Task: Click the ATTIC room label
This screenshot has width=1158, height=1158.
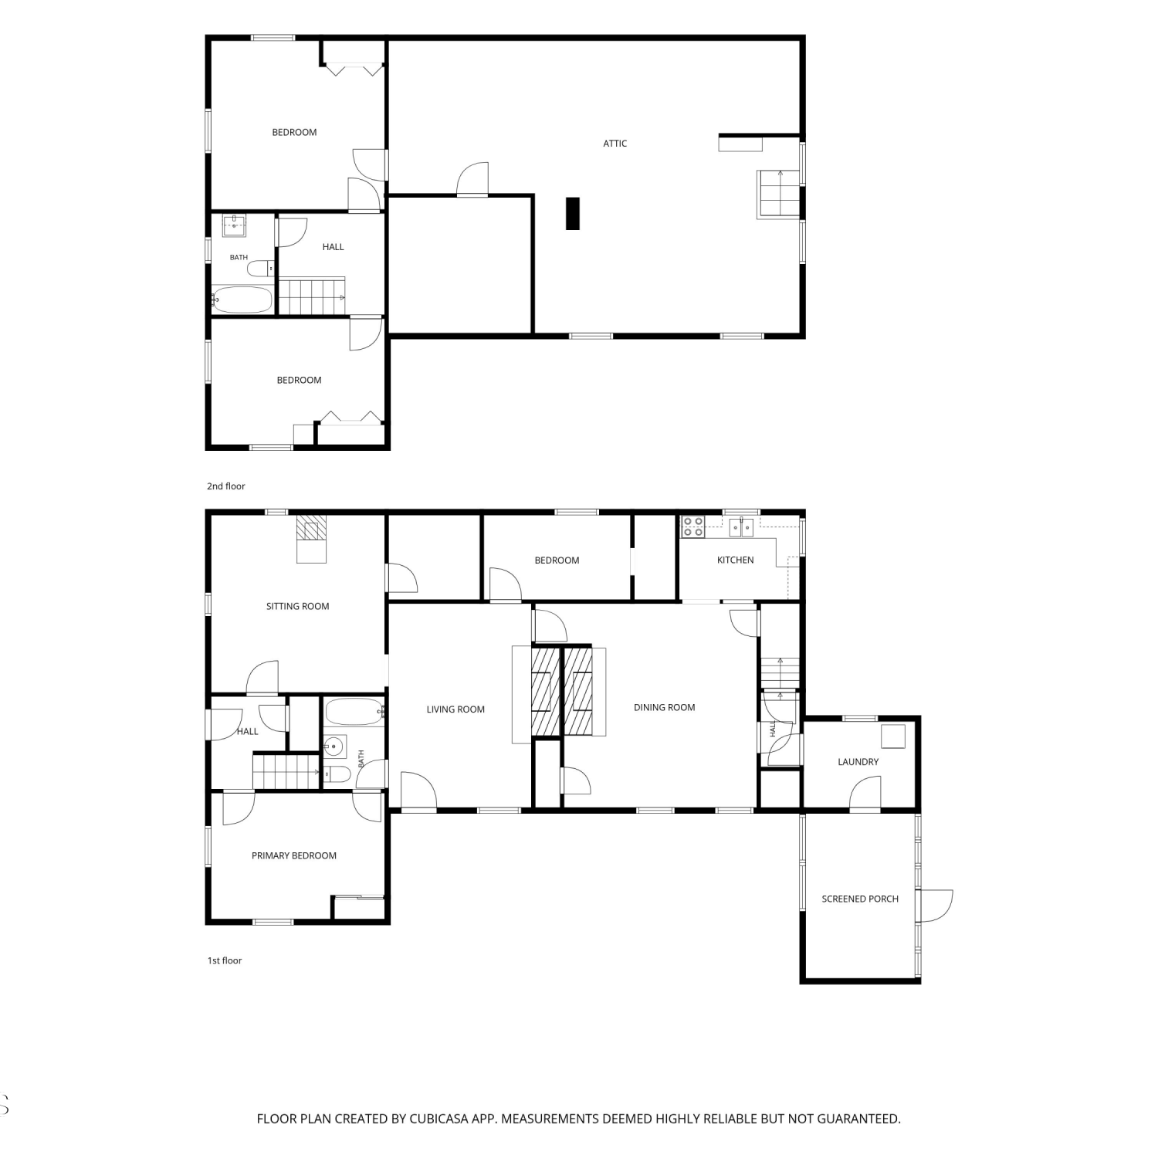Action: coord(615,143)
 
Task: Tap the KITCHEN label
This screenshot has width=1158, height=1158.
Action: coord(735,560)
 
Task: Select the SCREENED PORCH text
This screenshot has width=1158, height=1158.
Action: coord(860,899)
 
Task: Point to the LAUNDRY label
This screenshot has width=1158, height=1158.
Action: coord(858,761)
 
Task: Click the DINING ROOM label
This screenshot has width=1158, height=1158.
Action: coord(664,707)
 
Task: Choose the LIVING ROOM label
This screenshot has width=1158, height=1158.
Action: coord(455,709)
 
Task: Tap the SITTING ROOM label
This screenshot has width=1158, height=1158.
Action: coord(297,606)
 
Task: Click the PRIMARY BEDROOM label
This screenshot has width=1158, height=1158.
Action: coord(293,855)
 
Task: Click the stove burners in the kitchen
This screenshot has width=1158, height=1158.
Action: coord(692,527)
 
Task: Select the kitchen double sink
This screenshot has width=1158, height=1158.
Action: coord(741,527)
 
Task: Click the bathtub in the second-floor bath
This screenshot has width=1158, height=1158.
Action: coord(242,300)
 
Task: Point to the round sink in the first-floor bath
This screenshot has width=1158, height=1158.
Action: coord(334,747)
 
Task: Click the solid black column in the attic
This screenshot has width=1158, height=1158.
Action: coord(572,213)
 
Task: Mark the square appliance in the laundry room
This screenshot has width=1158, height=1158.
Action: coord(893,737)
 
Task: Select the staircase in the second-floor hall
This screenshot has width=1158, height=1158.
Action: coord(312,297)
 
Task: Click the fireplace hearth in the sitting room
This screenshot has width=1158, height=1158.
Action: coord(312,539)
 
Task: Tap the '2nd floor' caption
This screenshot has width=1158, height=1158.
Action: coord(225,486)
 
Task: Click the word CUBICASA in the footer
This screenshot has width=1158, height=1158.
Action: coord(443,1119)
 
